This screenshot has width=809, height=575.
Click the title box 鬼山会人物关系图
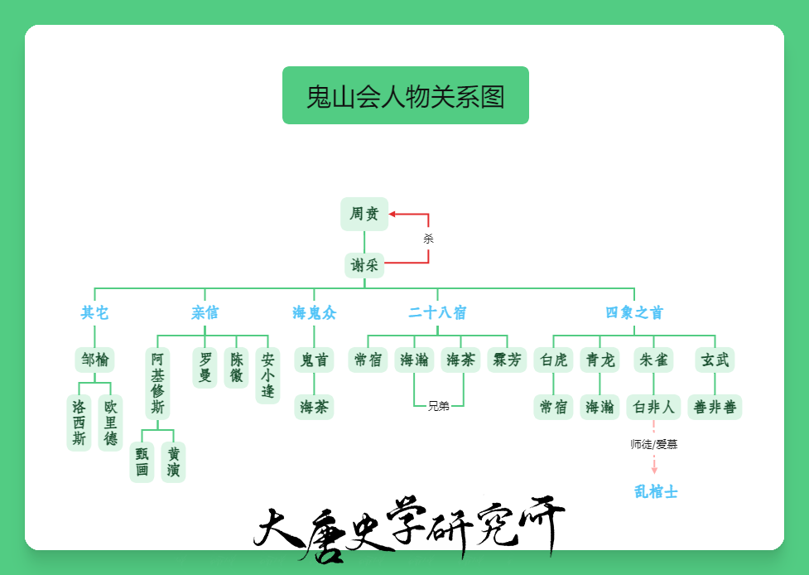click(x=406, y=95)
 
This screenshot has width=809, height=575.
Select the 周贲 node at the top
click(x=364, y=214)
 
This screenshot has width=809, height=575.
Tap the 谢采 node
click(x=364, y=265)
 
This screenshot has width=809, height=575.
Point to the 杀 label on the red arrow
click(x=428, y=239)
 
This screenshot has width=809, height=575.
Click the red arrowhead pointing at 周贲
click(x=392, y=214)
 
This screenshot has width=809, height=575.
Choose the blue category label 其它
click(x=94, y=313)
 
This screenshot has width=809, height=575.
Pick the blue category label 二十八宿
click(x=437, y=313)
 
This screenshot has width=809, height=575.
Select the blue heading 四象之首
click(x=634, y=313)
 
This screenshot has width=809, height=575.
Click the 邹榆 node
click(x=94, y=360)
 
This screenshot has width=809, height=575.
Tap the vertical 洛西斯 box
click(x=79, y=423)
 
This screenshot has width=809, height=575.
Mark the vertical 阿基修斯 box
click(x=157, y=384)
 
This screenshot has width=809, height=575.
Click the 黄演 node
click(x=173, y=462)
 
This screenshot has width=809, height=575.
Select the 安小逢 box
click(x=267, y=375)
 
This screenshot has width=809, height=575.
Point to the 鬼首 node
click(x=314, y=360)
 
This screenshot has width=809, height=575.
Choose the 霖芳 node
click(x=507, y=360)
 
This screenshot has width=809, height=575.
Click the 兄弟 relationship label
click(x=439, y=406)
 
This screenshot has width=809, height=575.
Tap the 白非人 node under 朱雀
click(x=653, y=408)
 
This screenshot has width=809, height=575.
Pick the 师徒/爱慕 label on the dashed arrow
click(x=653, y=444)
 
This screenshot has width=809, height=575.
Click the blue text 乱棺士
click(x=656, y=491)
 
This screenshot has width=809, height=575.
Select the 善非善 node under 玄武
click(x=715, y=408)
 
